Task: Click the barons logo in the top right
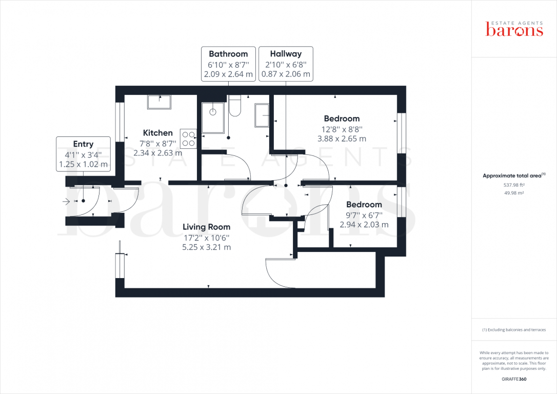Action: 514,29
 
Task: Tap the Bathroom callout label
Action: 228,64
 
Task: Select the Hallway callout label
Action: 286,64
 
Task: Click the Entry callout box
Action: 83,154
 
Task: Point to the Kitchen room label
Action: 157,133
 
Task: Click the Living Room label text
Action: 207,227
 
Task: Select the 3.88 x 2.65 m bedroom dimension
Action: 342,139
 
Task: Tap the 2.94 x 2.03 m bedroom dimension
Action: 364,225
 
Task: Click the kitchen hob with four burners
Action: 188,138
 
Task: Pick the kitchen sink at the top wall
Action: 160,102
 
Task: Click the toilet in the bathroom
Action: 235,107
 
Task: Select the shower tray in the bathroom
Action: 213,117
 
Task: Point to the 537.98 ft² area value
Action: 514,185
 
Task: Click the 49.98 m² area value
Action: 514,193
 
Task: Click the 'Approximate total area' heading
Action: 514,175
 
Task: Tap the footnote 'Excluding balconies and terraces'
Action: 514,330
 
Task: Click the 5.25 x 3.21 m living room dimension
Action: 207,247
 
